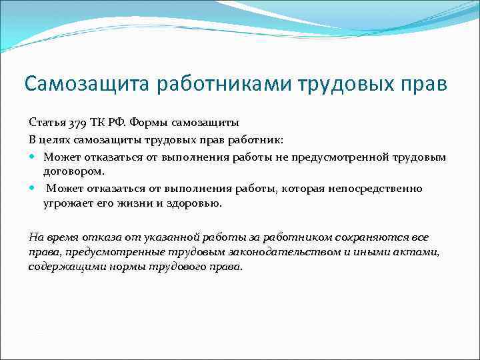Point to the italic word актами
pos(419,252)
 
